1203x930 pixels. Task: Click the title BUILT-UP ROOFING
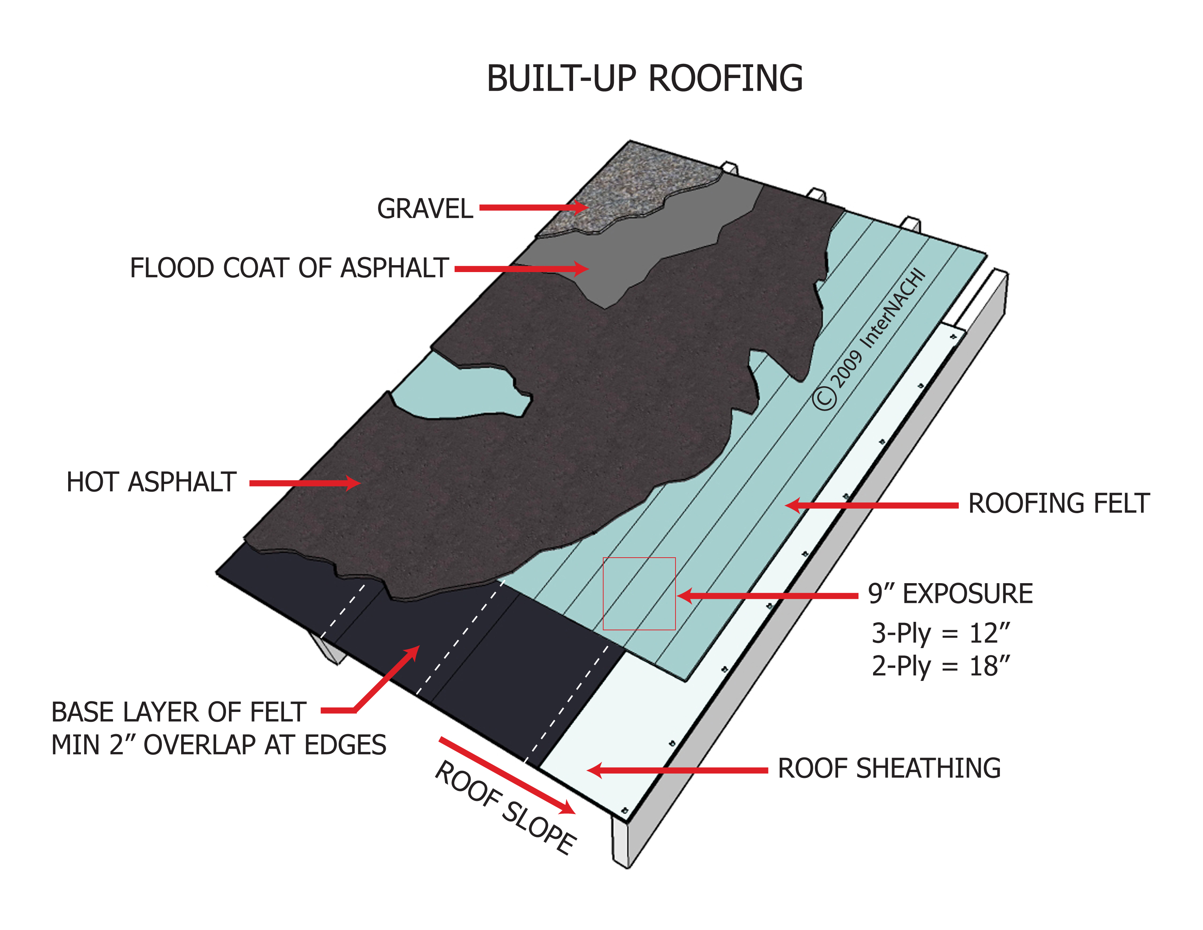pyautogui.click(x=645, y=79)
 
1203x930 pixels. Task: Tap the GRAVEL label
pyautogui.click(x=425, y=209)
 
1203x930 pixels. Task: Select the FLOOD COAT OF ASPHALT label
pyautogui.click(x=289, y=268)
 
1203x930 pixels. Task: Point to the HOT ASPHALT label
pyautogui.click(x=152, y=482)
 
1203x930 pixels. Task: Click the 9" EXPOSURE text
pyautogui.click(x=950, y=594)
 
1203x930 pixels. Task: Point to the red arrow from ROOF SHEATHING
pyautogui.click(x=678, y=770)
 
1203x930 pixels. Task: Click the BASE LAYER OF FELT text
pyautogui.click(x=179, y=712)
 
